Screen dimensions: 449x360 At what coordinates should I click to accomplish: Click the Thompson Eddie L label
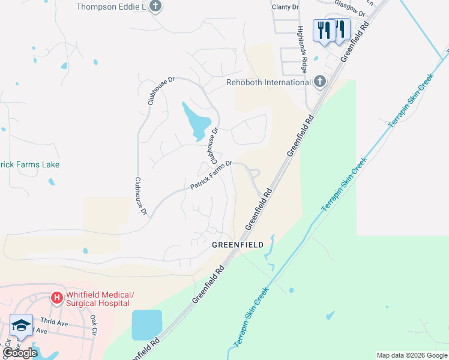(x=111, y=7)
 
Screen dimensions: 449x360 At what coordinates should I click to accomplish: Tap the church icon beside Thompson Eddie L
(x=155, y=7)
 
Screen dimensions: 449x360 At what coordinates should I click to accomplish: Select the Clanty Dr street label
(x=285, y=7)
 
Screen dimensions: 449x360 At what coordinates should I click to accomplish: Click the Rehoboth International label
(x=268, y=82)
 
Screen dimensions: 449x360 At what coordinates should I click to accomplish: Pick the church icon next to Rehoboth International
(x=320, y=82)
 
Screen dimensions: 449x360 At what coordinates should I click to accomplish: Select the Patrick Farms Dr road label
(x=211, y=175)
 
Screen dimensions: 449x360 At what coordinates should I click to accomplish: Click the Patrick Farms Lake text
(x=30, y=164)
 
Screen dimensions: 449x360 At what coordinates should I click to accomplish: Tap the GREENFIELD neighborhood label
(x=238, y=245)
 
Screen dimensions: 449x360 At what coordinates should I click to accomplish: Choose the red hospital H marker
(x=56, y=297)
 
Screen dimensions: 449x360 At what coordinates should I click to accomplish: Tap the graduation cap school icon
(x=21, y=325)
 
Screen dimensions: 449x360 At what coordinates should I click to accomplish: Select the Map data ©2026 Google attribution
(x=411, y=355)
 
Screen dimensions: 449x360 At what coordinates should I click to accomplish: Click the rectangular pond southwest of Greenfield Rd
(x=147, y=325)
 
